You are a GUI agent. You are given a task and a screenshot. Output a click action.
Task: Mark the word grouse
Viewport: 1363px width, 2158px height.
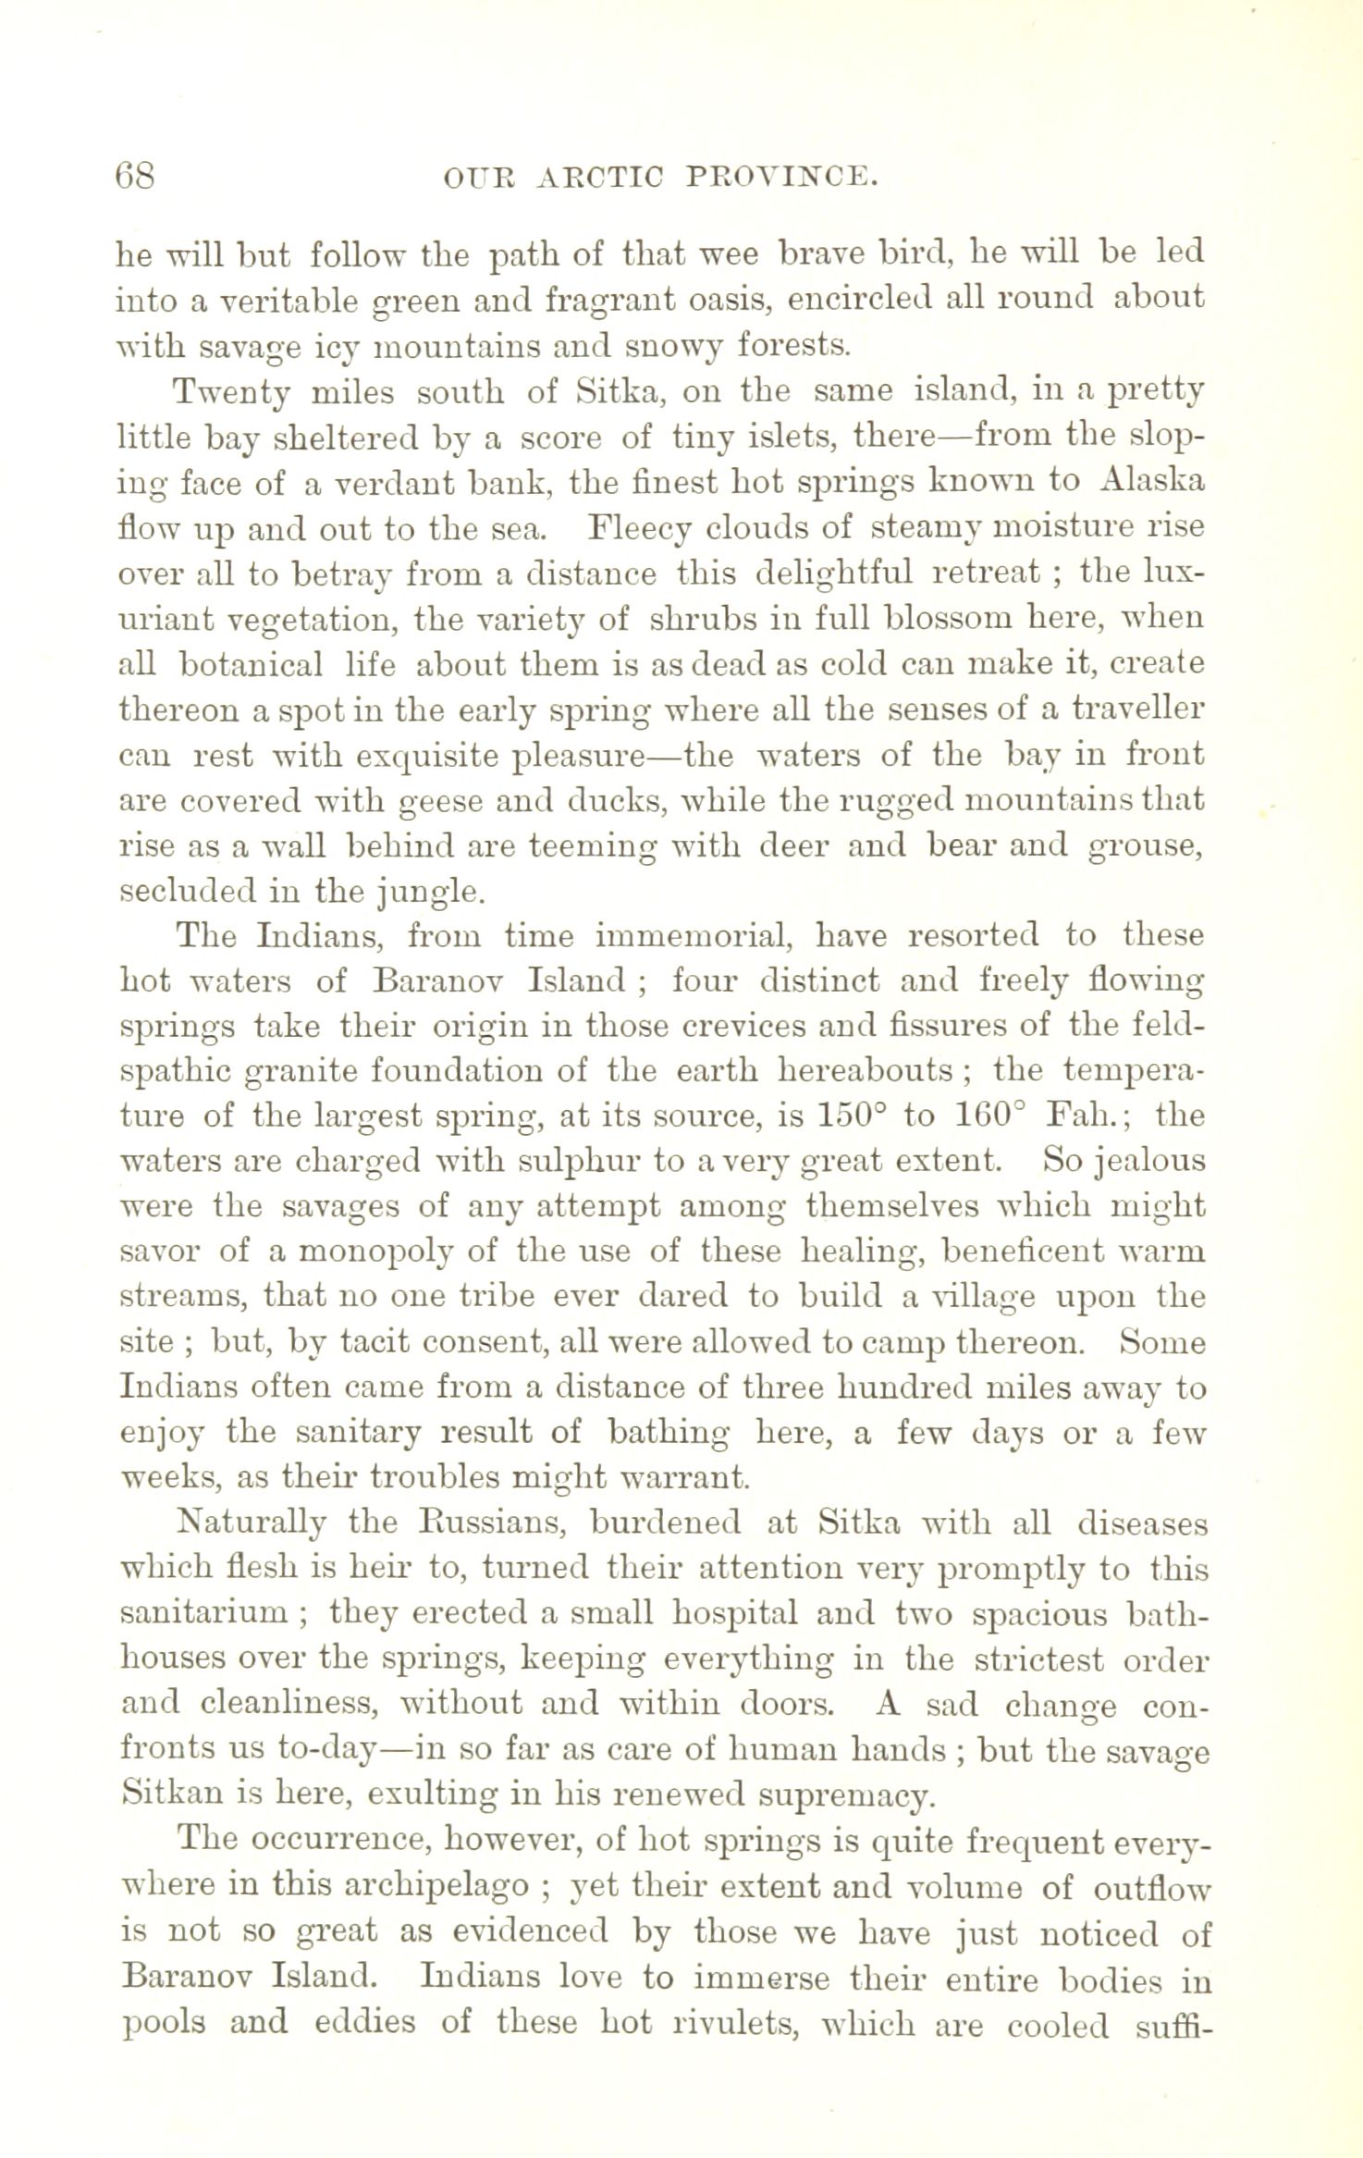[x=1146, y=847]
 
